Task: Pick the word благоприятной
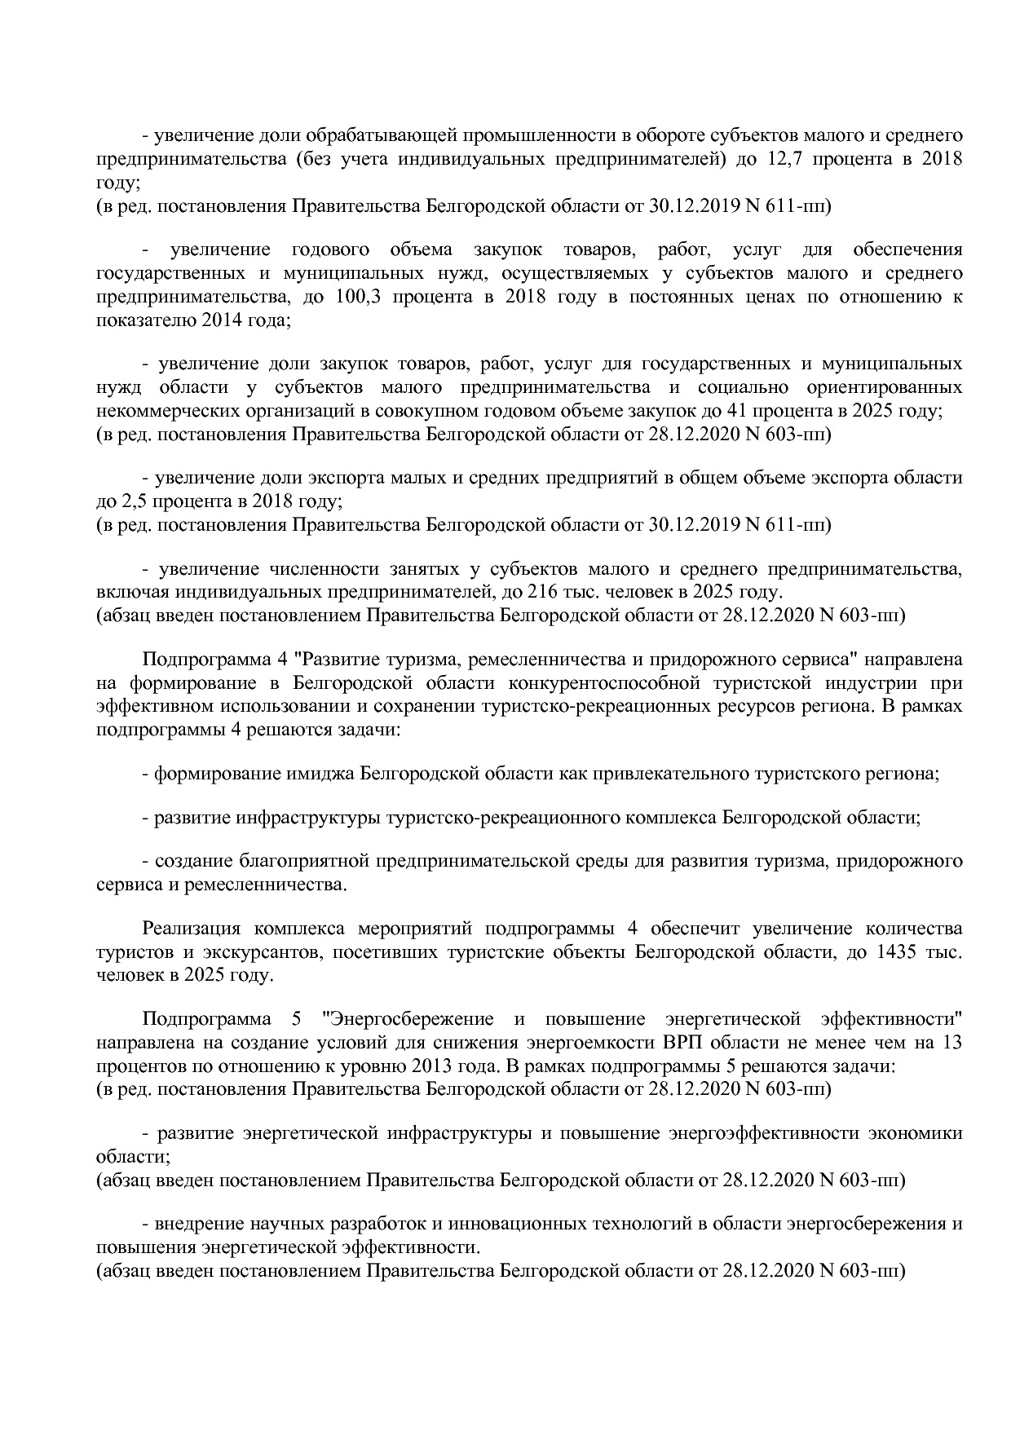tap(303, 861)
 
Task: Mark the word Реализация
tap(191, 929)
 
